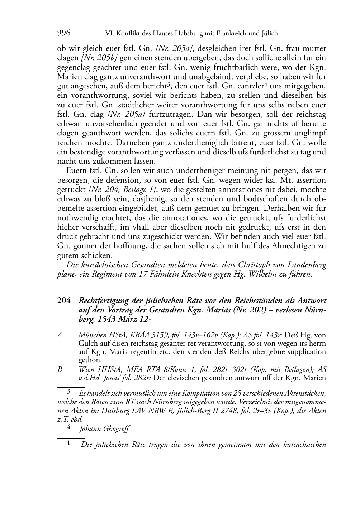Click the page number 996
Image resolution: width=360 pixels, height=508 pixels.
[x=64, y=33]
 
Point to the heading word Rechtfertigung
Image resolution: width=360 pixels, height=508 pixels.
[x=105, y=300]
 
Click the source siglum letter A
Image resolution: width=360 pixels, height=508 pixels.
[x=60, y=335]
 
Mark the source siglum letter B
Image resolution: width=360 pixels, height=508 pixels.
[x=60, y=369]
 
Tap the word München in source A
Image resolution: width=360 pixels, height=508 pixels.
[x=91, y=335]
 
